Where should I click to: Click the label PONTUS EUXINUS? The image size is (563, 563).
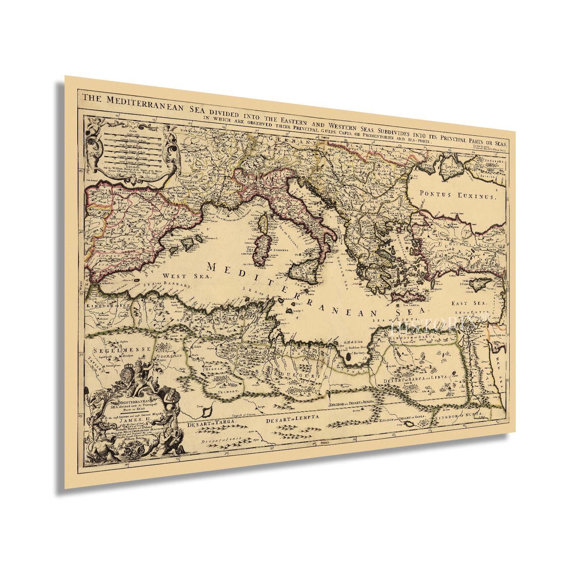tap(458, 195)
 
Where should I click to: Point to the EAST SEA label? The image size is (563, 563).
tap(468, 303)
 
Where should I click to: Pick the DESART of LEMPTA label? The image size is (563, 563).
tap(292, 419)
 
